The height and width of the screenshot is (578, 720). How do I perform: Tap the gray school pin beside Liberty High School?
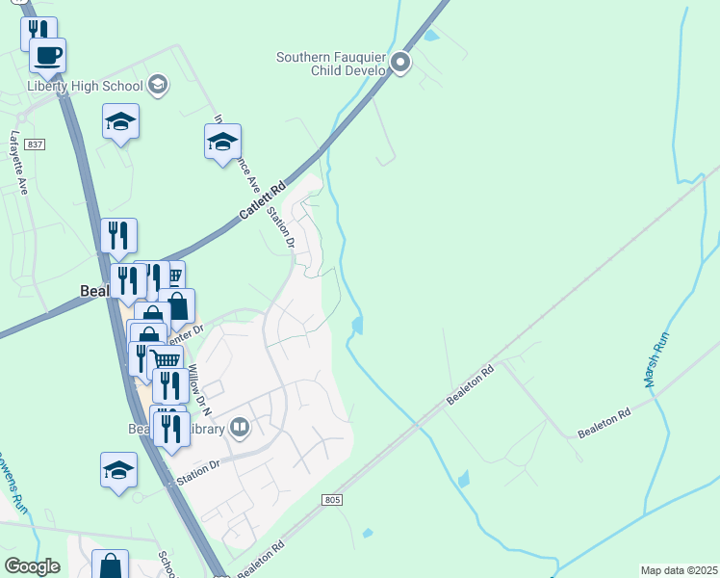pyautogui.click(x=160, y=87)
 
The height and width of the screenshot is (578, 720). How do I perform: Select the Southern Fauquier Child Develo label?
pyautogui.click(x=330, y=64)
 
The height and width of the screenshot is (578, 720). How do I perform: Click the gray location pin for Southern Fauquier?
pyautogui.click(x=401, y=64)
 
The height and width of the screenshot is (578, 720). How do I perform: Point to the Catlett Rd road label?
pyautogui.click(x=263, y=200)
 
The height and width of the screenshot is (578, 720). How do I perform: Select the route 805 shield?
pyautogui.click(x=333, y=499)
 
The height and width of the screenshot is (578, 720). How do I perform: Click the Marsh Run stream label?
pyautogui.click(x=656, y=360)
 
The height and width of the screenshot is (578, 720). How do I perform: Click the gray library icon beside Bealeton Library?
pyautogui.click(x=240, y=426)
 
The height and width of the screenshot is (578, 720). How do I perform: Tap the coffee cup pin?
pyautogui.click(x=47, y=55)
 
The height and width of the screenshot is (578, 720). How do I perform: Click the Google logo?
pyautogui.click(x=32, y=566)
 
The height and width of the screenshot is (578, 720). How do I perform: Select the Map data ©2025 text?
pyautogui.click(x=679, y=570)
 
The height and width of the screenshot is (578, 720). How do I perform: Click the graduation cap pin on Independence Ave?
pyautogui.click(x=222, y=142)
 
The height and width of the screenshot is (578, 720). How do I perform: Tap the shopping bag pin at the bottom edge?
pyautogui.click(x=110, y=565)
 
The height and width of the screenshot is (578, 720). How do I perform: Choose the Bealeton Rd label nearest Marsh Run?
pyautogui.click(x=604, y=425)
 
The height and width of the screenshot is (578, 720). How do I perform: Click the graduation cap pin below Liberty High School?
pyautogui.click(x=120, y=122)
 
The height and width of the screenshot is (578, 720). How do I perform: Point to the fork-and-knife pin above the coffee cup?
pyautogui.click(x=38, y=31)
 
